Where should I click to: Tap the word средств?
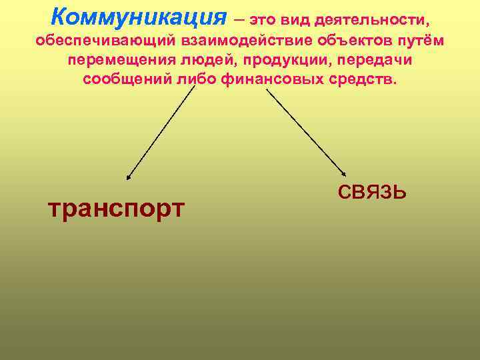(363, 79)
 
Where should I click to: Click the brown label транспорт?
(116, 208)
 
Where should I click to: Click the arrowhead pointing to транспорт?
(129, 177)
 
